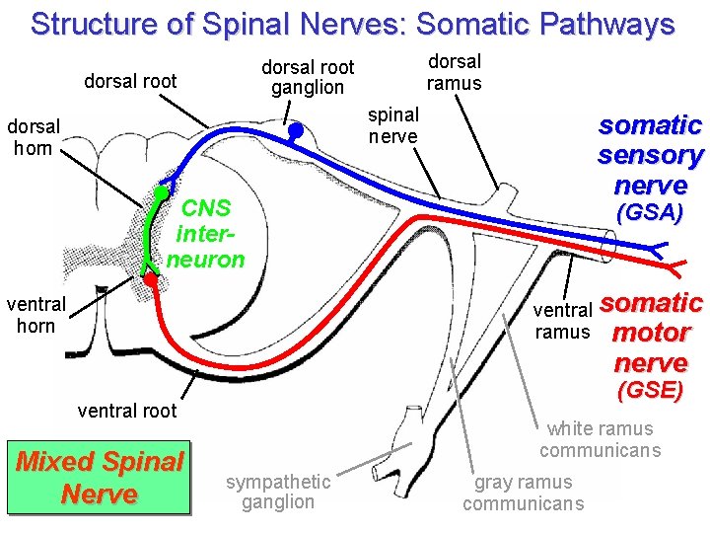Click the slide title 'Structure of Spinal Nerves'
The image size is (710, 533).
tap(352, 24)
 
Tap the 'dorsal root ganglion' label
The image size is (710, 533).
tap(307, 77)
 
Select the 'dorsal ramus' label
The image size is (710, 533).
tap(454, 72)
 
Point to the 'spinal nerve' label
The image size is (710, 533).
tap(393, 125)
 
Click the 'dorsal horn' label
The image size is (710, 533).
tap(35, 137)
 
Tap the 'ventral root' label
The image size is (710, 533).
tap(126, 411)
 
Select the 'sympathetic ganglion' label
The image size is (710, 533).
tap(278, 492)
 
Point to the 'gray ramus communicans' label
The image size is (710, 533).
tap(523, 493)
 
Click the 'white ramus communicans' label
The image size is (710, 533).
tap(600, 439)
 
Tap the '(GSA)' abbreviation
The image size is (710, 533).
tap(649, 213)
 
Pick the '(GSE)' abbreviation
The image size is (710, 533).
tap(649, 390)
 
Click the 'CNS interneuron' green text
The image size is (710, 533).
tap(206, 234)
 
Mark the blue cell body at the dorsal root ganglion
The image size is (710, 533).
tap(295, 129)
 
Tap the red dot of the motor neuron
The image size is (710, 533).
tap(150, 280)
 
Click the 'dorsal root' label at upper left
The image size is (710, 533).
tap(130, 81)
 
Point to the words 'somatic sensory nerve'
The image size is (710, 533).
tap(650, 155)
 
